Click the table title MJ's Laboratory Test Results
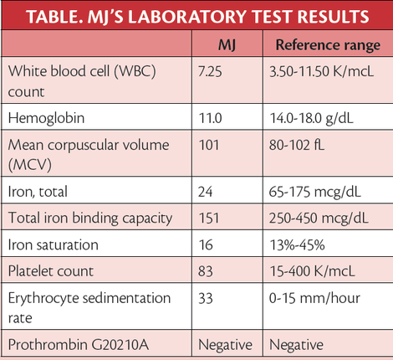click(196, 15)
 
